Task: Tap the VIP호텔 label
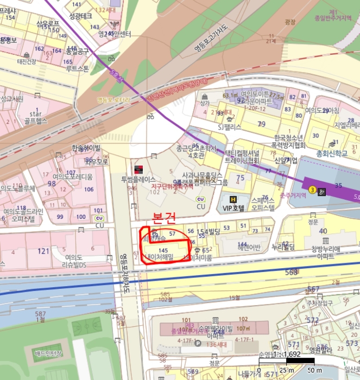tap(235, 208)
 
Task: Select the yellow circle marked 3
tap(312, 189)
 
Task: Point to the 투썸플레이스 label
tap(138, 179)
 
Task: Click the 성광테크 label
tap(81, 16)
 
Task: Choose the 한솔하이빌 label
tap(86, 148)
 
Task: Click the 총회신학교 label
tap(332, 154)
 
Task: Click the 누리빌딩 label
tap(283, 248)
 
